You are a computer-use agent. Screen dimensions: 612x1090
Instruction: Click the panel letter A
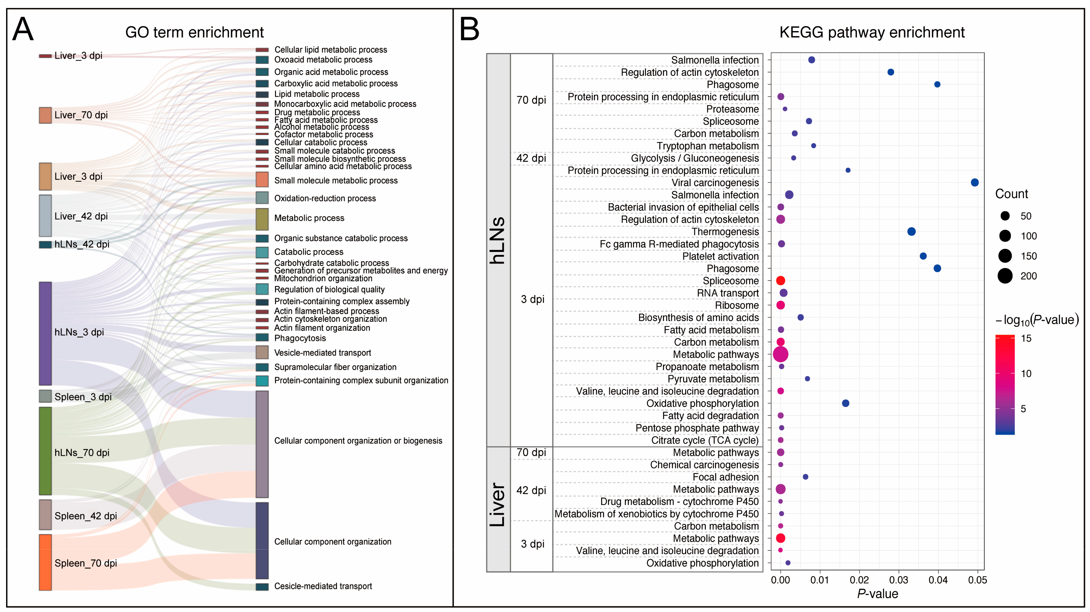pyautogui.click(x=23, y=29)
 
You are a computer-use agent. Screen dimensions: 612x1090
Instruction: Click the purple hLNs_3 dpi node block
pyautogui.click(x=45, y=333)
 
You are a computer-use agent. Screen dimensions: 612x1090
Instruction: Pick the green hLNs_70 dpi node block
pyautogui.click(x=45, y=451)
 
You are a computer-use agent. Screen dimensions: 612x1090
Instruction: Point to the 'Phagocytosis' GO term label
pyautogui.click(x=300, y=338)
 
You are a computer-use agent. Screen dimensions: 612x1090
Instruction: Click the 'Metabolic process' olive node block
pyautogui.click(x=262, y=219)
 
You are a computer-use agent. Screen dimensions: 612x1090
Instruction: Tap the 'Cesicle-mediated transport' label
pyautogui.click(x=323, y=586)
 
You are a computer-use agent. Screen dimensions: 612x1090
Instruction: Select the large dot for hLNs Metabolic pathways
pyautogui.click(x=780, y=354)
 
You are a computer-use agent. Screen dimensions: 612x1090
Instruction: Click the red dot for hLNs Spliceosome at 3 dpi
pyautogui.click(x=781, y=281)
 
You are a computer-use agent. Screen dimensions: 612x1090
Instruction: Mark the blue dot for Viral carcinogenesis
pyautogui.click(x=974, y=183)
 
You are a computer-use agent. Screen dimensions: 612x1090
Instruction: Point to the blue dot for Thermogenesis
pyautogui.click(x=911, y=232)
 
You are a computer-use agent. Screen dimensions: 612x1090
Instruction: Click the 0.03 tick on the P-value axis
pyautogui.click(x=898, y=580)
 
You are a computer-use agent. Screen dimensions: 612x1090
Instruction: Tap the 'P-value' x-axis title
pyautogui.click(x=877, y=594)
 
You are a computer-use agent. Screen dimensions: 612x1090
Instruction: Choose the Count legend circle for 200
pyautogui.click(x=1005, y=276)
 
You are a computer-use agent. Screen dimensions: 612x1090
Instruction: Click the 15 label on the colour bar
pyautogui.click(x=1026, y=339)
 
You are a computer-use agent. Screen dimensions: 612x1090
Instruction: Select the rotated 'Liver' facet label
pyautogui.click(x=498, y=505)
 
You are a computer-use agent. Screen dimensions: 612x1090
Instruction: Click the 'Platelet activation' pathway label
pyautogui.click(x=720, y=257)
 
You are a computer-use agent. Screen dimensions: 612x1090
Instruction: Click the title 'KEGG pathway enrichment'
pyautogui.click(x=872, y=33)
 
